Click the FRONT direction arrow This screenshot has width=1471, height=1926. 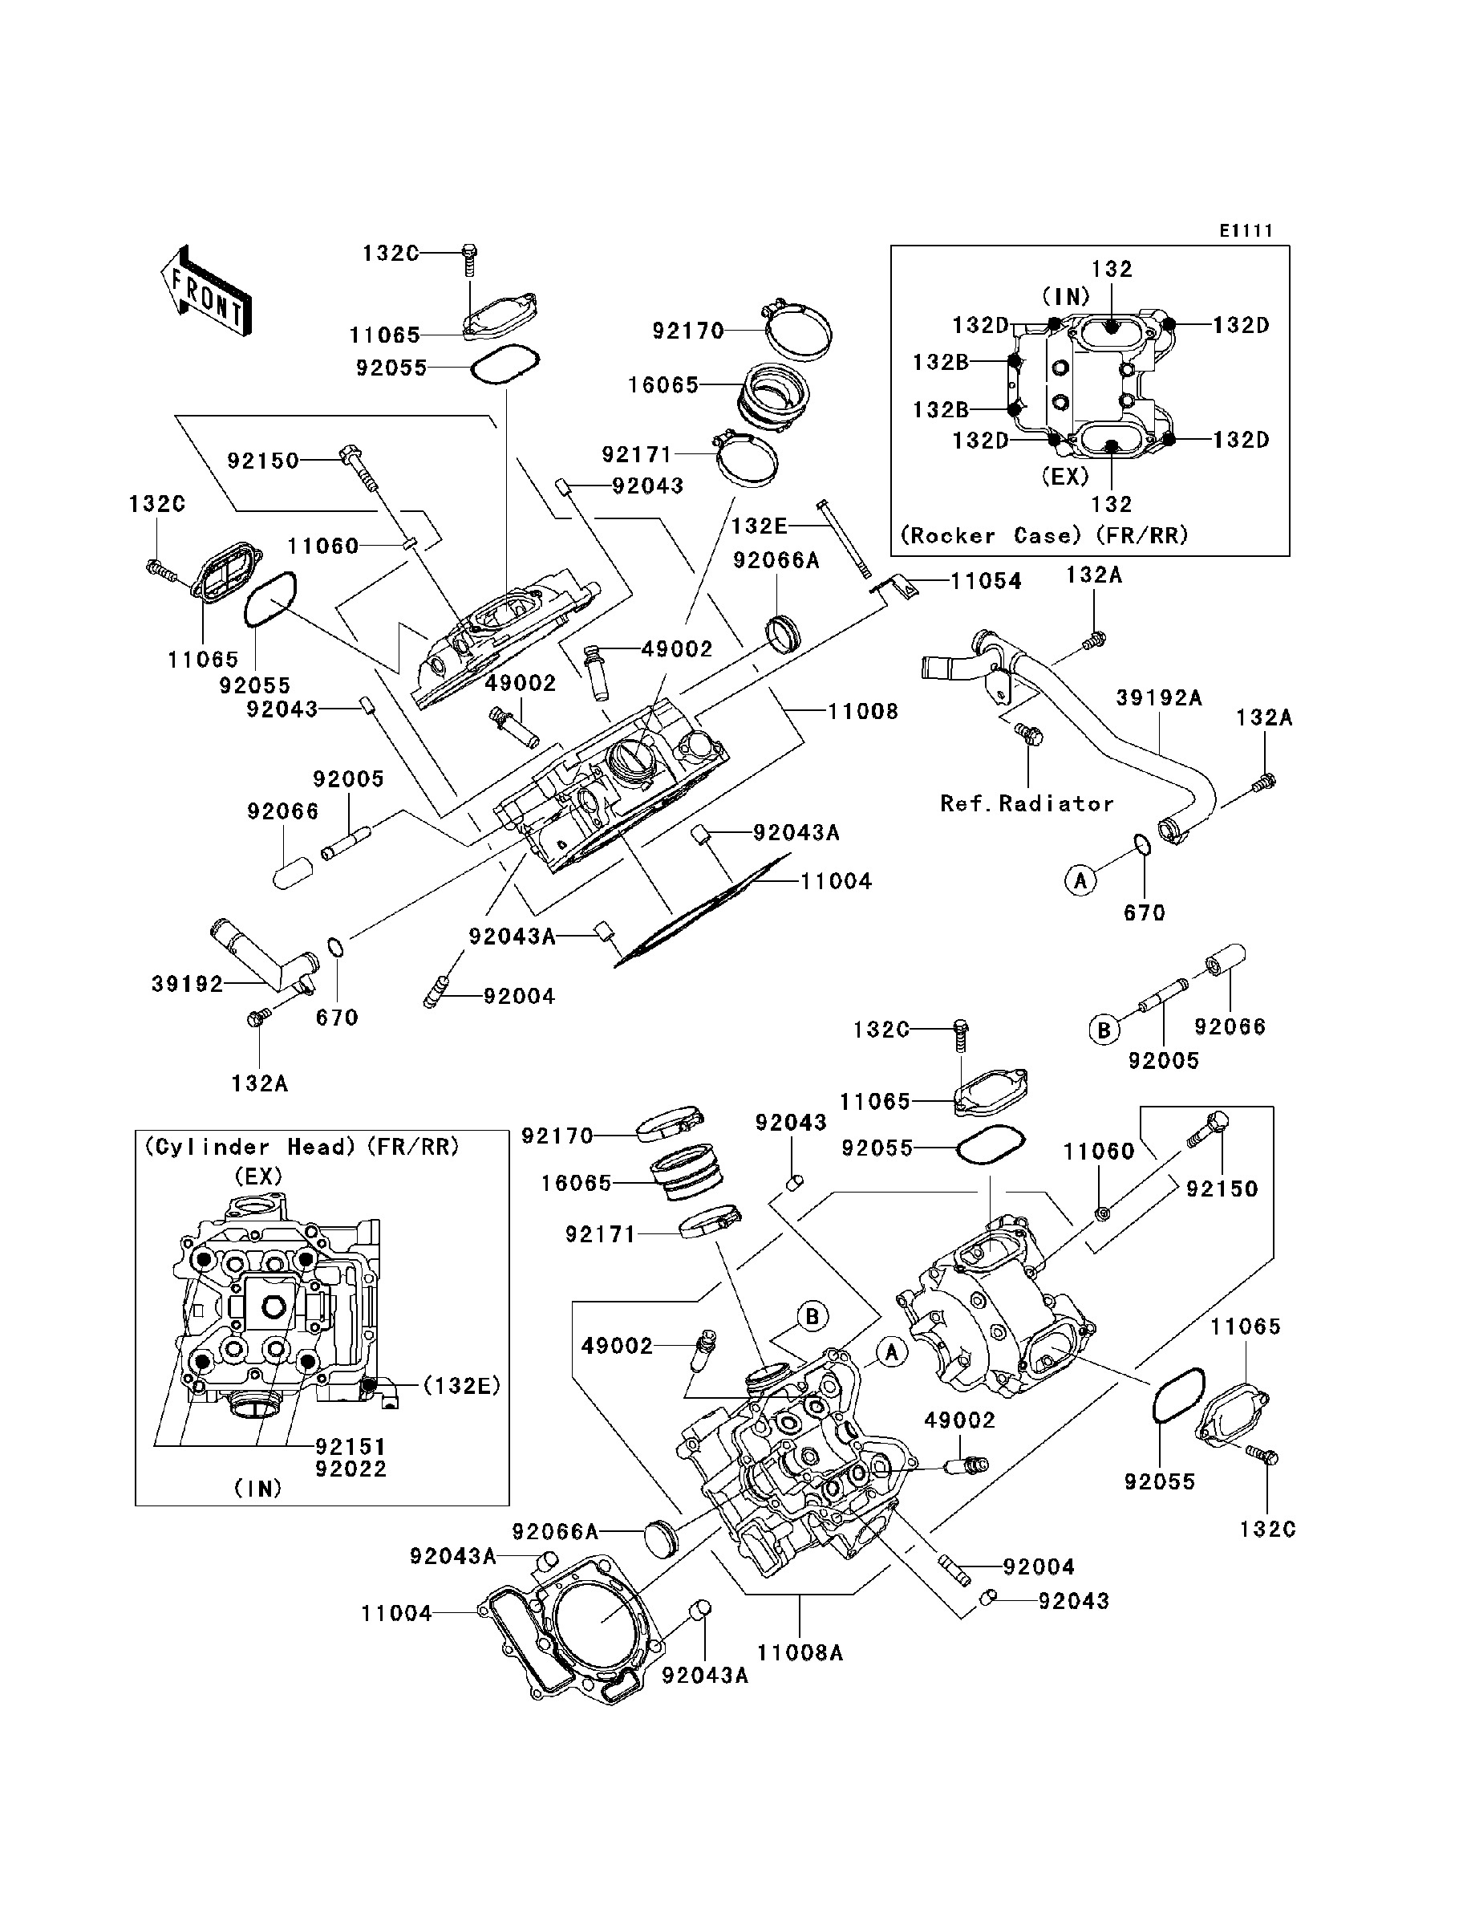tap(207, 291)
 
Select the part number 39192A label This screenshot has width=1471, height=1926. tap(1157, 698)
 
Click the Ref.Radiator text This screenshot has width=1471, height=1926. tap(1026, 804)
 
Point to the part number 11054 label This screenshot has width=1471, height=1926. tap(986, 582)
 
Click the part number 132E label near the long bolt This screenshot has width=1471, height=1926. tap(758, 526)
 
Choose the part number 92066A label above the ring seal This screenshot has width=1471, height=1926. tap(776, 560)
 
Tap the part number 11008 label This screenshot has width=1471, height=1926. tap(862, 711)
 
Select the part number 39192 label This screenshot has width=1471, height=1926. tap(188, 985)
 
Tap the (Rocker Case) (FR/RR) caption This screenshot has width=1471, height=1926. tap(1043, 536)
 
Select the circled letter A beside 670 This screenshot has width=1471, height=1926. tap(1080, 880)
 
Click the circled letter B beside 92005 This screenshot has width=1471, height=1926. tap(1104, 1030)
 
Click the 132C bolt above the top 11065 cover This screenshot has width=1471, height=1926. tap(469, 255)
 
